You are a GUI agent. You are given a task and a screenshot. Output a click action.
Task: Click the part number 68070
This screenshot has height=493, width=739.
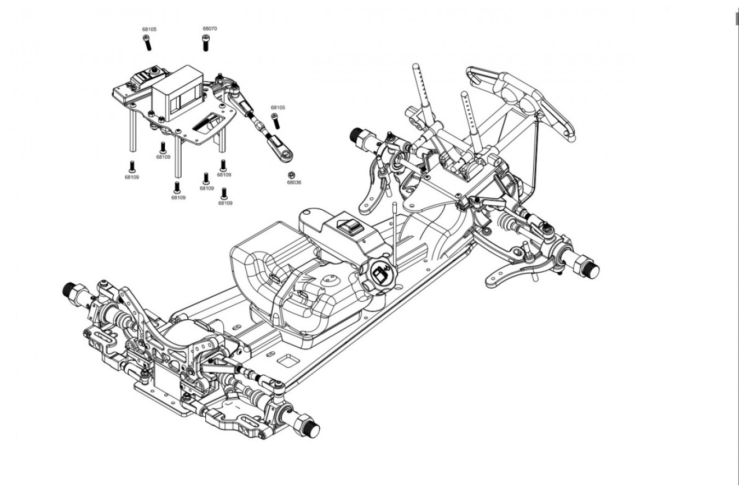tap(210, 28)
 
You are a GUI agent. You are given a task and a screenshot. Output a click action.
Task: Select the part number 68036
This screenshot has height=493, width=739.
tap(294, 182)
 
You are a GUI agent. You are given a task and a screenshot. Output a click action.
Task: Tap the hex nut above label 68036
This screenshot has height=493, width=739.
tap(291, 174)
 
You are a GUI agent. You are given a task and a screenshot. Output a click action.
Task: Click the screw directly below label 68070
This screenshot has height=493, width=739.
tap(206, 43)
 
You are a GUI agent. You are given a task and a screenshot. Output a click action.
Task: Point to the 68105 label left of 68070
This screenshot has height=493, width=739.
tap(149, 29)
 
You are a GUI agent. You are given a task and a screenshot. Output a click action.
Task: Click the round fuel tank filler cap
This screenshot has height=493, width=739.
tap(379, 272)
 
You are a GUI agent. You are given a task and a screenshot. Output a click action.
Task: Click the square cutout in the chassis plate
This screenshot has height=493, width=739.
tap(286, 360)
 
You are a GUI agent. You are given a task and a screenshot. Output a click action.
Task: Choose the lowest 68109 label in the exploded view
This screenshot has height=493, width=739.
tap(225, 203)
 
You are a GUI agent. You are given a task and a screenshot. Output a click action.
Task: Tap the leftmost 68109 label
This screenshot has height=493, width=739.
tap(131, 177)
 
